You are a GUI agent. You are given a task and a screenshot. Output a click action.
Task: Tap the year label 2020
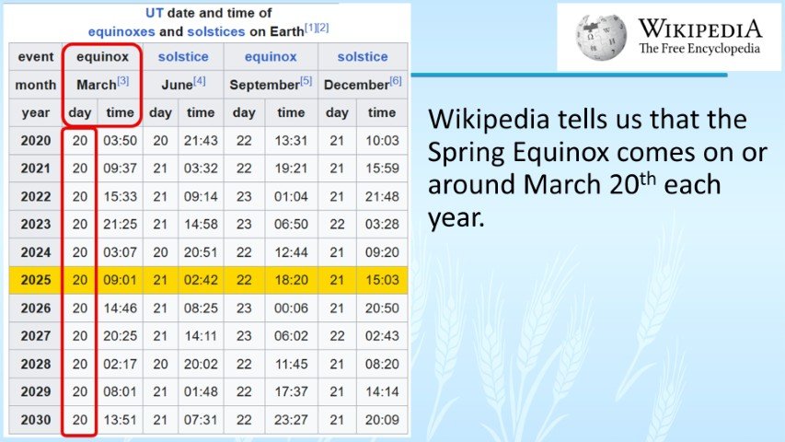point(35,140)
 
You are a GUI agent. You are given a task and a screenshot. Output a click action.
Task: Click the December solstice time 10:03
point(382,140)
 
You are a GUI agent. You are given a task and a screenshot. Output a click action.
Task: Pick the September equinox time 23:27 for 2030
point(291,419)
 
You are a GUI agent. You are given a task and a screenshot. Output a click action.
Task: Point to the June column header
point(183,84)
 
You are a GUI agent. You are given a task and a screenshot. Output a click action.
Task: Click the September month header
point(271,84)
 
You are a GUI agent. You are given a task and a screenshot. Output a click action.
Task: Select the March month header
point(101,84)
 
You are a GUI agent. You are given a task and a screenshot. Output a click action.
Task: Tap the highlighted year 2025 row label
point(35,279)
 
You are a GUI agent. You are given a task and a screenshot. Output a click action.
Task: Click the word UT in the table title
point(156,12)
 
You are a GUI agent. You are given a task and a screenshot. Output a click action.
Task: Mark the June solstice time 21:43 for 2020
point(201,140)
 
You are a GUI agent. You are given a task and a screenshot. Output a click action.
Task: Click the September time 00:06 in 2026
point(291,308)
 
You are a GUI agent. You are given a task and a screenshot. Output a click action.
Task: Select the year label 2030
point(35,419)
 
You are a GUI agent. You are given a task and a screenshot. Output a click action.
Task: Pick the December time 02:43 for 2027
point(382,335)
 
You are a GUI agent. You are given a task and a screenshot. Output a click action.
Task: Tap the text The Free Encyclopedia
point(700,48)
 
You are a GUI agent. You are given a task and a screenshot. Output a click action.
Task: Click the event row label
point(35,56)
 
